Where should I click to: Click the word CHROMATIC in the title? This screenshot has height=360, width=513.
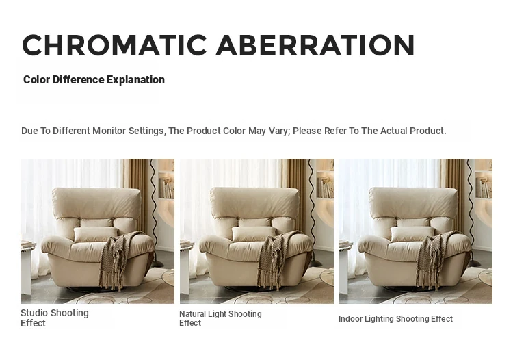click(114, 45)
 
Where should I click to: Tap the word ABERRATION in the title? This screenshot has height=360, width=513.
click(315, 45)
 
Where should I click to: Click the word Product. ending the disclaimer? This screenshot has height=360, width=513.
click(428, 131)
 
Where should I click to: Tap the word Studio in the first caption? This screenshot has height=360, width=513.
click(34, 313)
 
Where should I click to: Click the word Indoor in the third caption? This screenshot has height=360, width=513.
click(350, 318)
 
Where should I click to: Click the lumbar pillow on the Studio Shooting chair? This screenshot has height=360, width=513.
click(96, 235)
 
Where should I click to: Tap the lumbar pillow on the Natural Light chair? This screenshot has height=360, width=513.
click(254, 234)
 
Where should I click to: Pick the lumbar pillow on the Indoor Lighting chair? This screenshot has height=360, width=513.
click(412, 234)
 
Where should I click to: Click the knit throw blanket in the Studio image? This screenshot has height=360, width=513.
click(117, 259)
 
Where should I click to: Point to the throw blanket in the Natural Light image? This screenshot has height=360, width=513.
click(276, 259)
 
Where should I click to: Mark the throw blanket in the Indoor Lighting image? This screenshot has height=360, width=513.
click(434, 259)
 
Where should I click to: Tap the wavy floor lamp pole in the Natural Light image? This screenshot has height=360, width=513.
click(312, 209)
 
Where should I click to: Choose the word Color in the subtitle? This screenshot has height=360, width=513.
click(37, 80)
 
